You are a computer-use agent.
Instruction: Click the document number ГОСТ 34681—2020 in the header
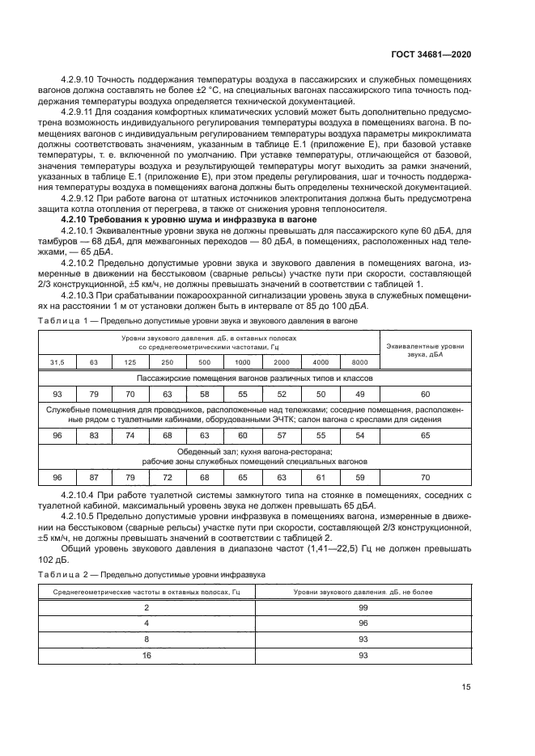tap(433, 55)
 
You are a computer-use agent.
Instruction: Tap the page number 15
tap(466, 687)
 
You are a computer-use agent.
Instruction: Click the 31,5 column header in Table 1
tap(57, 361)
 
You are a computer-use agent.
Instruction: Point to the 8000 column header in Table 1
tap(360, 361)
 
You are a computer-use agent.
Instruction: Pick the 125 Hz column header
tap(129, 361)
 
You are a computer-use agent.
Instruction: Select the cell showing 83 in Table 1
tap(93, 435)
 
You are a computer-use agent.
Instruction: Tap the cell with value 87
tap(93, 477)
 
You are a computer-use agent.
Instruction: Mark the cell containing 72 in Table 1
tap(167, 477)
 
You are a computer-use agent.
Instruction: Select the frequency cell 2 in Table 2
tap(146, 606)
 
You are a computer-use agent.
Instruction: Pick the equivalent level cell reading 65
tap(425, 435)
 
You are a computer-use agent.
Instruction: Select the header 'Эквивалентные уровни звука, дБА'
tap(425, 349)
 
